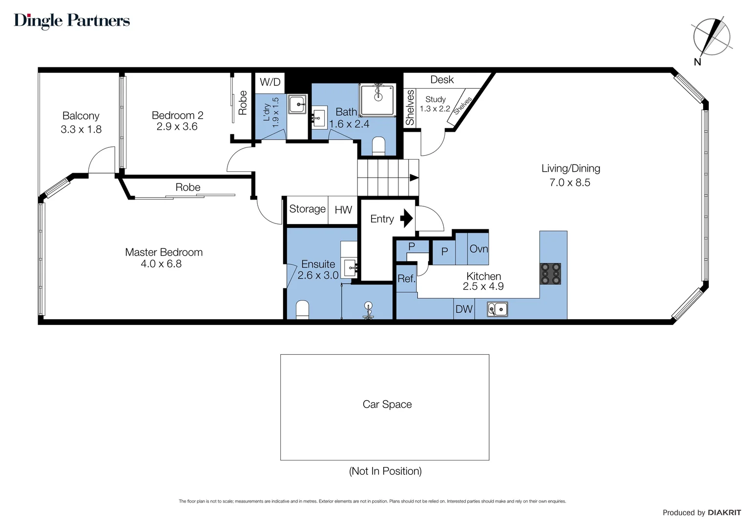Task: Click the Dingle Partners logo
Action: (x=72, y=21)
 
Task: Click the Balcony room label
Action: (x=81, y=116)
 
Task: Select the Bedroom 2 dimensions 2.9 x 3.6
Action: (x=177, y=126)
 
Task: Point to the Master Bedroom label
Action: (x=164, y=252)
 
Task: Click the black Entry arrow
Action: (x=406, y=219)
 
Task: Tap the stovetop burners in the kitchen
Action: (x=550, y=274)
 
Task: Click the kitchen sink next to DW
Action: (x=497, y=309)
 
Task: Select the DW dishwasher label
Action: (x=464, y=309)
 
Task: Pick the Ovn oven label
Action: (x=478, y=249)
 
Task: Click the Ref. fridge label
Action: (x=406, y=278)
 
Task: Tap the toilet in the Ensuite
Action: (x=302, y=310)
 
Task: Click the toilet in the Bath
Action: (x=378, y=146)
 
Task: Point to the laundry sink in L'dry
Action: (x=297, y=104)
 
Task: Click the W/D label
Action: (x=270, y=82)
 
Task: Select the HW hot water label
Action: (x=343, y=210)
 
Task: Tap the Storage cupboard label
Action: (x=308, y=209)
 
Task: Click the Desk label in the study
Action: (x=442, y=80)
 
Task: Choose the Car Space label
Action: (x=387, y=404)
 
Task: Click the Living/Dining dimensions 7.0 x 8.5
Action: (x=570, y=182)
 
